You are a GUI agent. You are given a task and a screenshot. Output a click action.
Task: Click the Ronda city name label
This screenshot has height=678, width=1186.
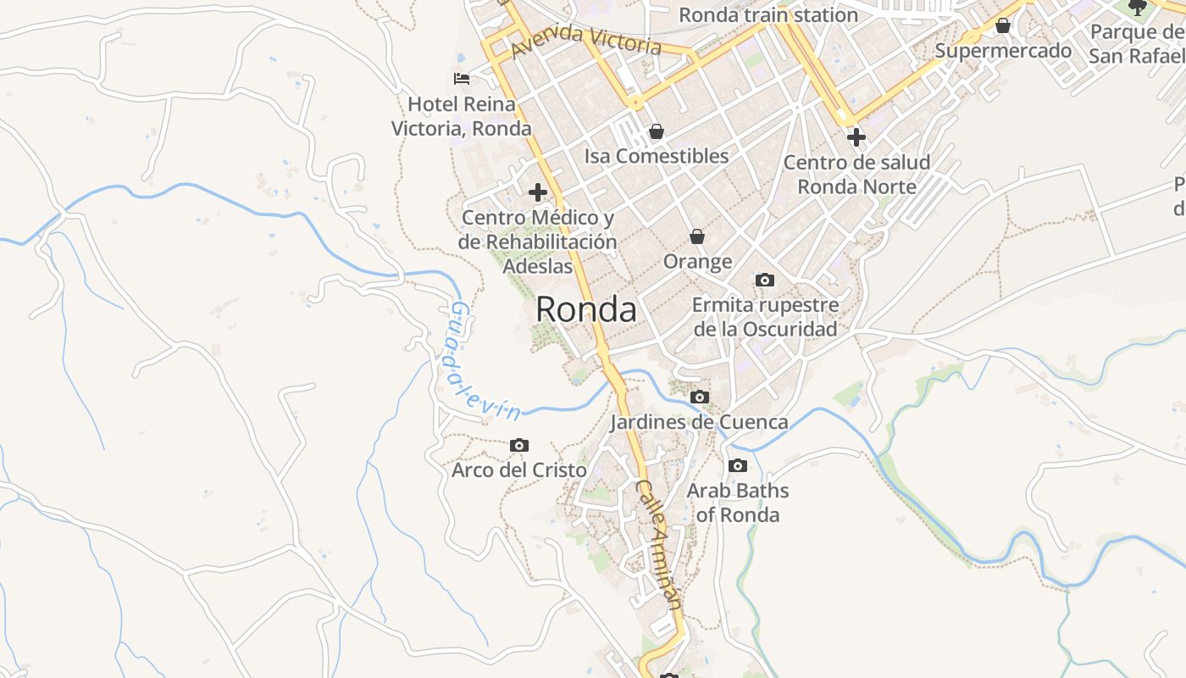coord(585,310)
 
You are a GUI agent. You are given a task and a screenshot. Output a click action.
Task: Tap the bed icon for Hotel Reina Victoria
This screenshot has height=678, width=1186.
coord(462,79)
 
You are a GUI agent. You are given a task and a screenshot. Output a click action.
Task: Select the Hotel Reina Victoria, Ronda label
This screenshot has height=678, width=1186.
coord(462,116)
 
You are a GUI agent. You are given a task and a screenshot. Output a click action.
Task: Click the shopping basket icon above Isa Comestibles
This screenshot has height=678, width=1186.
coord(656,131)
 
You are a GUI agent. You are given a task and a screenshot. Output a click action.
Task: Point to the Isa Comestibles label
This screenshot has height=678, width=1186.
coord(657,156)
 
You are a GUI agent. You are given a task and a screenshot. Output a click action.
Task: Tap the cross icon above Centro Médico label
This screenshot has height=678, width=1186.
coord(537,192)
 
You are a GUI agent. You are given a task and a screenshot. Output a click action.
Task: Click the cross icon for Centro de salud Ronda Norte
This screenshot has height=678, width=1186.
coord(856,136)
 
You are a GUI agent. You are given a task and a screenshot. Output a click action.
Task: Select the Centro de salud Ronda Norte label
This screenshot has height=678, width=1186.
coord(856,174)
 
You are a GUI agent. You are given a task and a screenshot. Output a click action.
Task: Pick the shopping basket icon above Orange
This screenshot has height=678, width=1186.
coord(697,236)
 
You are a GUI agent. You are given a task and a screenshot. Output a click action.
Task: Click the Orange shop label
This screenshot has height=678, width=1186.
coord(697,261)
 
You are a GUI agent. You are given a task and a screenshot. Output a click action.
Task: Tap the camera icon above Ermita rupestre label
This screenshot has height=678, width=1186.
coord(765,280)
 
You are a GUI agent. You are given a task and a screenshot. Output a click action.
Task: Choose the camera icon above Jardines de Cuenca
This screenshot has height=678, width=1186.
coord(700,397)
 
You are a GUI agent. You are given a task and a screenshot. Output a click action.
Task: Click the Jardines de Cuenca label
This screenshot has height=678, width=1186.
coord(700,421)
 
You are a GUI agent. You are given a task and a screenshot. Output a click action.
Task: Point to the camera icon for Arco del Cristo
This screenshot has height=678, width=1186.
coord(519,445)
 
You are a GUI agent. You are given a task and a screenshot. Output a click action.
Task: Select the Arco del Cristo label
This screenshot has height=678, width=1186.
coord(519,470)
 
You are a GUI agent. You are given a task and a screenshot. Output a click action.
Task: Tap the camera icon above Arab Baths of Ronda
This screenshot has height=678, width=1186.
coord(738,465)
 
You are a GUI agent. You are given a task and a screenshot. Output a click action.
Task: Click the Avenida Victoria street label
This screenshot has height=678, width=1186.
coord(586,38)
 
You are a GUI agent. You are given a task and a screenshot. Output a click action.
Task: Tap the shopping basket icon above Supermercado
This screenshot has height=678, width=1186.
coord(1003,25)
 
